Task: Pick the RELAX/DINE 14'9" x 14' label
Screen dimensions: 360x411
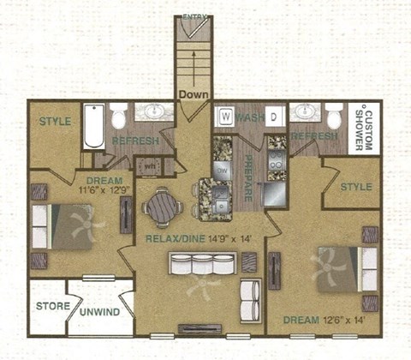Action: tap(198, 237)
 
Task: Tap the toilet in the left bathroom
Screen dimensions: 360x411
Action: tap(120, 116)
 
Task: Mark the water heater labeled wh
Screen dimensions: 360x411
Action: tap(148, 165)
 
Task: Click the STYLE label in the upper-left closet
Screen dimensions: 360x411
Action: tap(55, 122)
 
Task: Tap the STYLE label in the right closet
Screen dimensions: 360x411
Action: tap(356, 186)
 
